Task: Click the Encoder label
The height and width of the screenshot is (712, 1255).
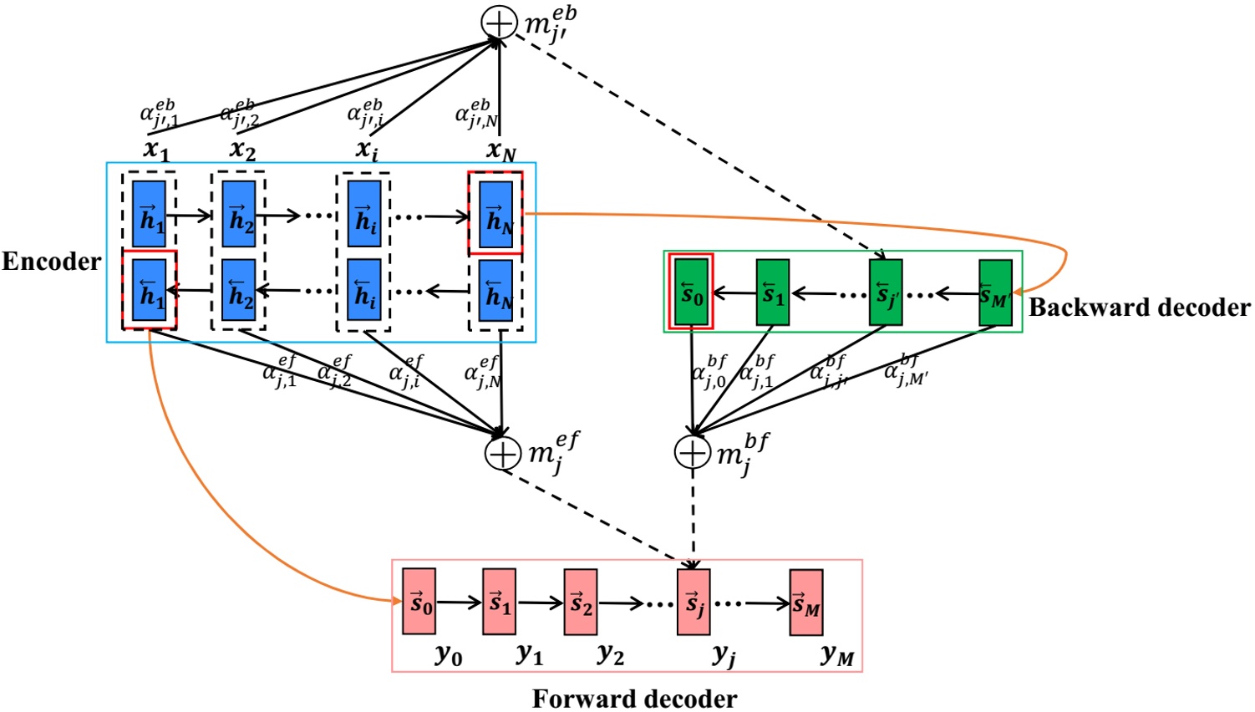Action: click(52, 262)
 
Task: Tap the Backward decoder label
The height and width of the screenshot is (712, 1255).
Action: click(1139, 308)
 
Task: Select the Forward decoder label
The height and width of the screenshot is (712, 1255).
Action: click(634, 698)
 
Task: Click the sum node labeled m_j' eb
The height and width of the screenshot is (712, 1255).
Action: click(499, 23)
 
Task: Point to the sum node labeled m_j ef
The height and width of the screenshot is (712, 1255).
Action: click(503, 453)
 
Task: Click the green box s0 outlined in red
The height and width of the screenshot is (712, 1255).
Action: click(691, 292)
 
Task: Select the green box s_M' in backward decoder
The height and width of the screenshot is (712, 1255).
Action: click(995, 292)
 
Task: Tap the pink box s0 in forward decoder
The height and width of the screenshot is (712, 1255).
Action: click(419, 602)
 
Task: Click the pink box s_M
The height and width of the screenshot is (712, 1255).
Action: click(806, 603)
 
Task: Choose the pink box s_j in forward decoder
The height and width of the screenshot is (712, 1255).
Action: click(694, 603)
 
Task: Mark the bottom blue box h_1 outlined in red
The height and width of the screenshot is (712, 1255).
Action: click(150, 290)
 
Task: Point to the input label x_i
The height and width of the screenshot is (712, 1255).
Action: click(366, 149)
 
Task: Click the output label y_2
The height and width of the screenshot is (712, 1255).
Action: click(611, 654)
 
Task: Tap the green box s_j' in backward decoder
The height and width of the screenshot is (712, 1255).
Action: click(885, 292)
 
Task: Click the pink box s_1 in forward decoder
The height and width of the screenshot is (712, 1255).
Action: click(499, 603)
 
